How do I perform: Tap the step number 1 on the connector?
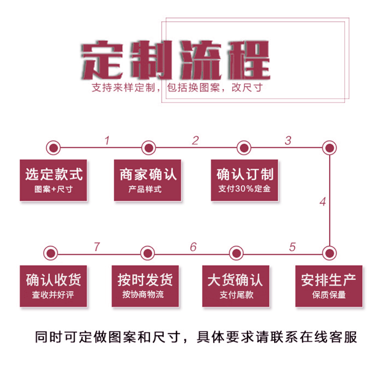click(x=107, y=140)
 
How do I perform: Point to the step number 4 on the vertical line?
click(x=322, y=202)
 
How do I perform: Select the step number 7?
click(x=97, y=246)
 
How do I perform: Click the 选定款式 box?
click(x=54, y=180)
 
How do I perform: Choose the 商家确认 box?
click(x=148, y=180)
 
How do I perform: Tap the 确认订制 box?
click(x=244, y=180)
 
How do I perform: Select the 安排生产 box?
click(x=329, y=286)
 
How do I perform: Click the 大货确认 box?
click(x=236, y=286)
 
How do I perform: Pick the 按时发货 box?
click(x=145, y=286)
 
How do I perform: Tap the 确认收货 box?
click(x=53, y=286)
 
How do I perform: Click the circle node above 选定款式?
click(x=53, y=148)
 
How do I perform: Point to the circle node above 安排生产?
click(x=329, y=253)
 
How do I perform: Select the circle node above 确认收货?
click(x=50, y=253)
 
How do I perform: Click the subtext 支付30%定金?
click(x=244, y=188)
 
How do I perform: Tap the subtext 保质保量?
click(x=329, y=295)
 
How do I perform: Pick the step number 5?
click(x=293, y=247)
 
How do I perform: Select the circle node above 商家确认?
click(x=148, y=148)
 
